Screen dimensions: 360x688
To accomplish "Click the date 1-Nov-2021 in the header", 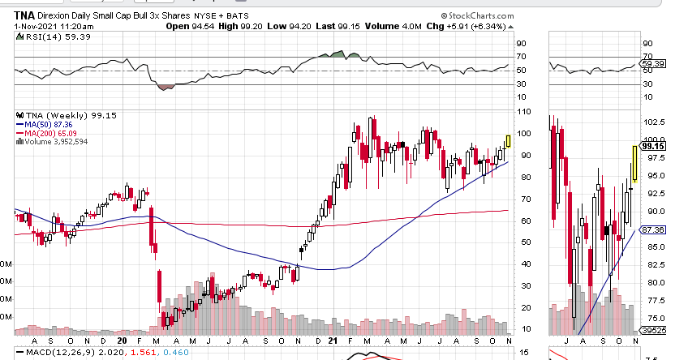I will point(37,26).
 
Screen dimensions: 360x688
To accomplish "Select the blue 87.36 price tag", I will point(654,230).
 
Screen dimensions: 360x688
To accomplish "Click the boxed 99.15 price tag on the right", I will point(654,146).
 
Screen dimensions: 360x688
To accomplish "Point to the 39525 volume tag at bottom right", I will point(654,331).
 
